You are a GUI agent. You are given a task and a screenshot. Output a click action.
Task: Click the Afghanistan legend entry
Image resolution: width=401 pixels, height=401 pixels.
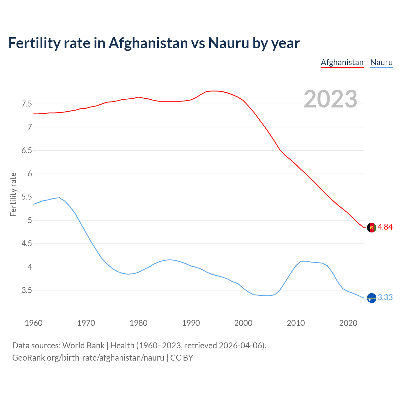coord(342,62)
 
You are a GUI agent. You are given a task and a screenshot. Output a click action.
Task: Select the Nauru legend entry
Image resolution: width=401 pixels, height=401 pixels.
coord(381,62)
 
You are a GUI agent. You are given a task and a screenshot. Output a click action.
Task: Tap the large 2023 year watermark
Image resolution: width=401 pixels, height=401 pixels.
coord(330,99)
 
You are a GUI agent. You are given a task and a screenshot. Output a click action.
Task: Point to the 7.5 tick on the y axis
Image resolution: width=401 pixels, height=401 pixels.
coord(27,104)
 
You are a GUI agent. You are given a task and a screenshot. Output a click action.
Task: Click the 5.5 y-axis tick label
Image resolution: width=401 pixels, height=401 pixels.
coord(27,197)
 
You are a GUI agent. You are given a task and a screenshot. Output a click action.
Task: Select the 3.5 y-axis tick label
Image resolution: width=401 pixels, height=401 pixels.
coord(27,290)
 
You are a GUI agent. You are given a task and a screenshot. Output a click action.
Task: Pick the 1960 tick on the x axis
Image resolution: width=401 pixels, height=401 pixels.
coord(34,323)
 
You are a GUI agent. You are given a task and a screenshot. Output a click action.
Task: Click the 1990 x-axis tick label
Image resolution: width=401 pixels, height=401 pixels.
coord(191,323)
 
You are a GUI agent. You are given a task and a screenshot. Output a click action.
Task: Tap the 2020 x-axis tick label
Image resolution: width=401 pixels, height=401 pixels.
coord(348,323)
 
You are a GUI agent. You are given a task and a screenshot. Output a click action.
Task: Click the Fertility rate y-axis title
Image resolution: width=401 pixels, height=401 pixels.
coord(13,194)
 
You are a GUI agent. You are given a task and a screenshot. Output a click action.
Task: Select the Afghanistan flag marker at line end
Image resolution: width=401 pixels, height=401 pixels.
coord(372,227)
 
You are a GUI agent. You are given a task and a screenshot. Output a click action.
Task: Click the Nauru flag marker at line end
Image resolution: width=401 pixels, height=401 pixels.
coord(372,298)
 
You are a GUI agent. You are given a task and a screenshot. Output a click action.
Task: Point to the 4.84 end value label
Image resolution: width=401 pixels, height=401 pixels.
coord(385,227)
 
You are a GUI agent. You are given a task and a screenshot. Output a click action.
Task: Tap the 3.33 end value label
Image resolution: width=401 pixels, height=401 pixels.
coord(385,298)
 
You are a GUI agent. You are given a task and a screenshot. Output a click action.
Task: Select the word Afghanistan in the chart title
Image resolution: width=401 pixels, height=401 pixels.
coord(148,43)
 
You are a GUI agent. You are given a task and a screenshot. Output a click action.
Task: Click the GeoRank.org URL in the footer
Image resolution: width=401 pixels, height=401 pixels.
coord(88,357)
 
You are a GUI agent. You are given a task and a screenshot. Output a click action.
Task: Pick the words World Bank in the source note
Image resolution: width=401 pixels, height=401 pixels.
coord(83,346)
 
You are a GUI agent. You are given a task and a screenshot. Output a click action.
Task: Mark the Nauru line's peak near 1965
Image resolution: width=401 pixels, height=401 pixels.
coord(60,198)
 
